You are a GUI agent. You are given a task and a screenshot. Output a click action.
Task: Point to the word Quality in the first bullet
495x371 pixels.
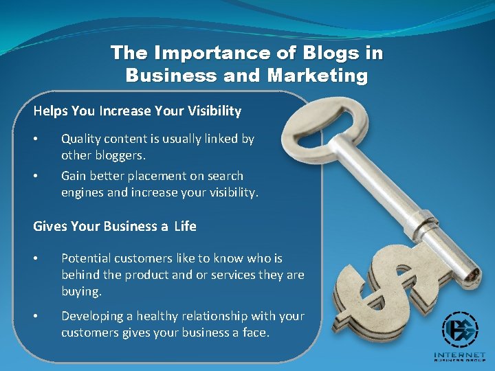coord(81,139)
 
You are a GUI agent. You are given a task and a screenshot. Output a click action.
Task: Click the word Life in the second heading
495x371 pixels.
coord(185,226)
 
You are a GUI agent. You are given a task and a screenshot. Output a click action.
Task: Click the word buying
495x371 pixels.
coord(81,291)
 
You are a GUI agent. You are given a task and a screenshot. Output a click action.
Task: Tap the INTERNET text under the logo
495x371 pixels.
coord(460,355)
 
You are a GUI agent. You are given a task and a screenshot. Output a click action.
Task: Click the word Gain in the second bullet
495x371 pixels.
coord(74,176)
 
